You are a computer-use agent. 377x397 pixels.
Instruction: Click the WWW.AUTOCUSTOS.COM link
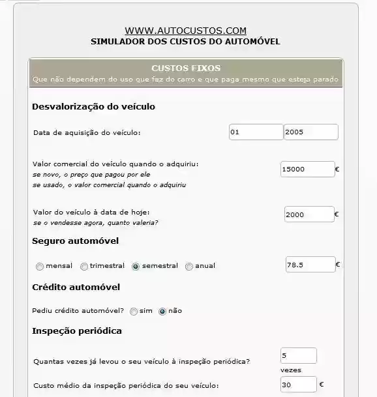(x=185, y=31)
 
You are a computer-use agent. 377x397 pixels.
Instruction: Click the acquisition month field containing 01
(x=256, y=132)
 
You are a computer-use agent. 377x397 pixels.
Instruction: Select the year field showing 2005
(x=310, y=132)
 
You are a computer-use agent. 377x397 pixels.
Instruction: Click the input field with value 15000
(x=307, y=169)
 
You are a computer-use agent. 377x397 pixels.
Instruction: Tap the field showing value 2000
(x=309, y=214)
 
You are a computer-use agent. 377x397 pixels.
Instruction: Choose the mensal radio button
(x=40, y=266)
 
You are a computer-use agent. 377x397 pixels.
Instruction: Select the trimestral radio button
(x=84, y=266)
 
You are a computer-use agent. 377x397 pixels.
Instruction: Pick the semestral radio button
(x=136, y=266)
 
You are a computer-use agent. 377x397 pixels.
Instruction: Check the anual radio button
(x=189, y=266)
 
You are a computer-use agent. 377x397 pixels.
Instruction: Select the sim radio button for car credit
(x=134, y=312)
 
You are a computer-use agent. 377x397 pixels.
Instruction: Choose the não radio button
(x=162, y=312)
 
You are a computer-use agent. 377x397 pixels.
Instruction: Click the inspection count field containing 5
(x=298, y=356)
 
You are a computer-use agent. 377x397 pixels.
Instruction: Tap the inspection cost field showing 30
(x=298, y=385)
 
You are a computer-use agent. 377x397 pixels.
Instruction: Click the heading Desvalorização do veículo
(x=93, y=106)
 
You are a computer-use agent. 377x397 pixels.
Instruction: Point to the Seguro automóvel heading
(x=75, y=241)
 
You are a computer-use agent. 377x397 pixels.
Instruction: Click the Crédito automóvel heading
(x=76, y=287)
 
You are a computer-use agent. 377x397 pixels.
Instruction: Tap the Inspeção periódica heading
(x=77, y=331)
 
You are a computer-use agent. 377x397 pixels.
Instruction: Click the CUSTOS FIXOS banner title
(x=186, y=68)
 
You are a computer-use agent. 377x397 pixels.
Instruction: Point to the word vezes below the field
(x=290, y=370)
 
